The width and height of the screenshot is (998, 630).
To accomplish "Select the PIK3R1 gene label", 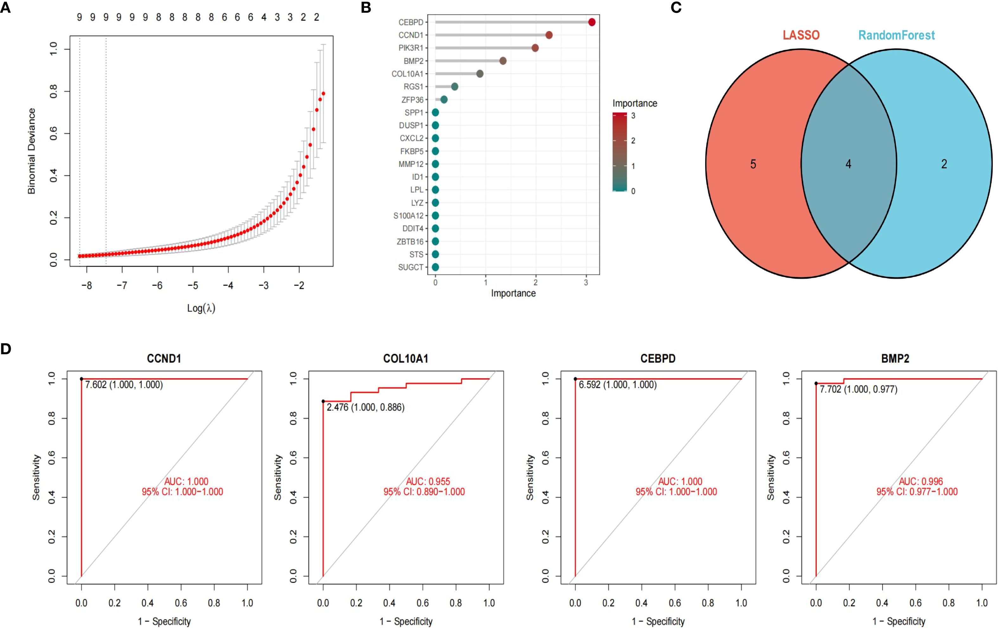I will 411,48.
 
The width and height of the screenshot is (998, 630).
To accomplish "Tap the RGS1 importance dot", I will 454,86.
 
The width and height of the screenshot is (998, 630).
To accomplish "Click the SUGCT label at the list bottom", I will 411,267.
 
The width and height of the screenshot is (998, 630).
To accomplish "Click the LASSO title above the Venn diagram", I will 801,35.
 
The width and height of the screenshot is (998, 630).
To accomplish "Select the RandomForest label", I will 896,35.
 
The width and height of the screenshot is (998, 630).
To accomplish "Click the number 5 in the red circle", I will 753,164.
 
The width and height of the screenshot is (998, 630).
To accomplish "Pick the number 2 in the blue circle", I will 944,164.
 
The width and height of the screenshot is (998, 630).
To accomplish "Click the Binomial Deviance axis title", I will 31,151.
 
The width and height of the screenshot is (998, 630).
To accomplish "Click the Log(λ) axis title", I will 201,308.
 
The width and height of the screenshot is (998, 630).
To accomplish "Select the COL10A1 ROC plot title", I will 405,358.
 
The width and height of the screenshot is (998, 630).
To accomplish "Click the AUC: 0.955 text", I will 428,481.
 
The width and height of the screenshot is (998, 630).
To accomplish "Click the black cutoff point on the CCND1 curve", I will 82,379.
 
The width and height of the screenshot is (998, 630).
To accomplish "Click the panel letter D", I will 6,349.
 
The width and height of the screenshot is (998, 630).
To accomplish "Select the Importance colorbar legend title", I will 635,103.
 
